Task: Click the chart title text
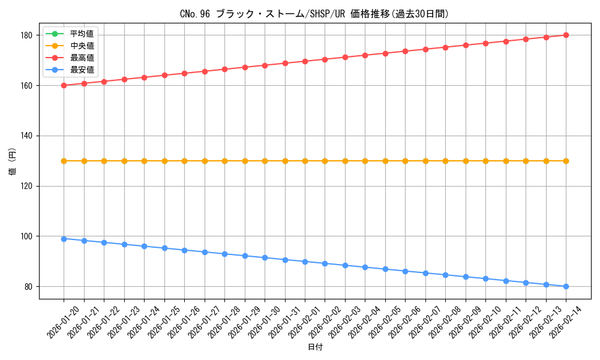pos(314,14)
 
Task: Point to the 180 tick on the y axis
pos(28,35)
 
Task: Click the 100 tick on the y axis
pos(28,236)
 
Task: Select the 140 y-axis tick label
pos(28,136)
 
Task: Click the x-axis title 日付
pos(315,347)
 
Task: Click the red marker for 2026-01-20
pos(64,85)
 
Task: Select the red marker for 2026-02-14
pos(566,35)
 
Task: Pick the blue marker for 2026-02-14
pos(566,286)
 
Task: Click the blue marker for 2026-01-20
pos(64,239)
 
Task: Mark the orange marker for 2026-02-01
pos(305,161)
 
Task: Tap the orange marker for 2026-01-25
pos(164,161)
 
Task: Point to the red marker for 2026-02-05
pos(385,53)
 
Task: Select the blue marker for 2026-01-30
pos(265,257)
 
